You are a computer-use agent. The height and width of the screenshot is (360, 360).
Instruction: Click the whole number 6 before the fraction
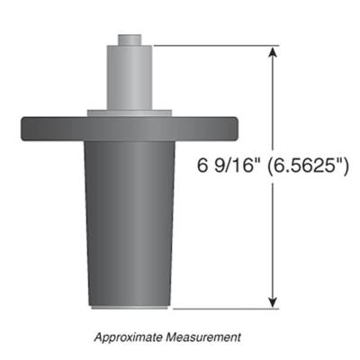coord(201,167)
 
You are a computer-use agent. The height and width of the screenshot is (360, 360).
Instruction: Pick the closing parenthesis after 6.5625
coord(345,167)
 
